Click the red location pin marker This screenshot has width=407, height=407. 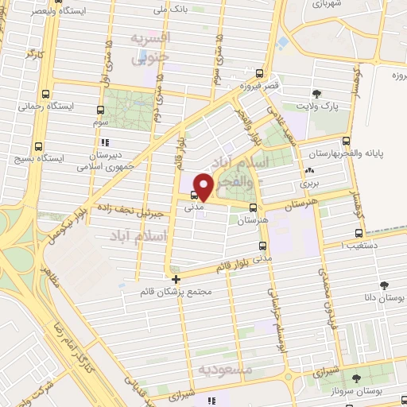click(x=203, y=186)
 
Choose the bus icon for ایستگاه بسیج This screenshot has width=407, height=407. click(x=41, y=146)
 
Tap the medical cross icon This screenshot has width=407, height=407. click(x=176, y=279)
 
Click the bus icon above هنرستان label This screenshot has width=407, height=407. click(x=262, y=187)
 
